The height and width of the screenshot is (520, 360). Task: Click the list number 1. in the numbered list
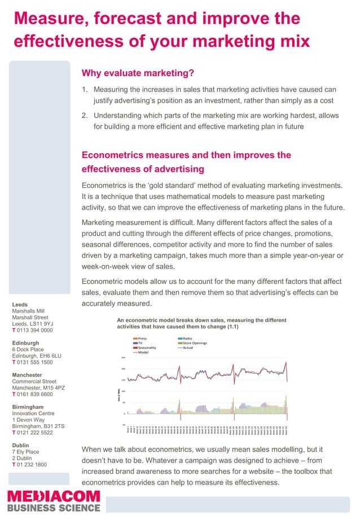pyautogui.click(x=85, y=90)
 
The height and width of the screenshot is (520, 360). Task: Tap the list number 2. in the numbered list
pyautogui.click(x=85, y=115)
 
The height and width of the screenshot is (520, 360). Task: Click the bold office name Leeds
pyautogui.click(x=21, y=305)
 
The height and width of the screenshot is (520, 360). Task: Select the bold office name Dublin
pyautogui.click(x=22, y=445)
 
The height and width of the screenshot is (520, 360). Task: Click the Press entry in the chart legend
pyautogui.click(x=142, y=338)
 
